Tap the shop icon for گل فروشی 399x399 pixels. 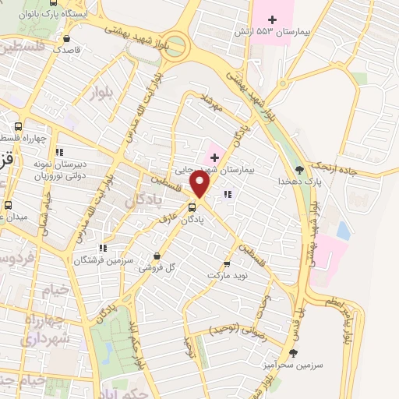coord(158,255)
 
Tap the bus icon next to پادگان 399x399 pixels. coord(192,207)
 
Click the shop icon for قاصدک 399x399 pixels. coord(68,37)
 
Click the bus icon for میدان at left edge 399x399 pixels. coord(8,205)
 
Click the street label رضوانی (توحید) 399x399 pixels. coord(238,331)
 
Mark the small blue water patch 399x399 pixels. coord(343,231)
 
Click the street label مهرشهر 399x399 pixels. coord(211,103)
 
